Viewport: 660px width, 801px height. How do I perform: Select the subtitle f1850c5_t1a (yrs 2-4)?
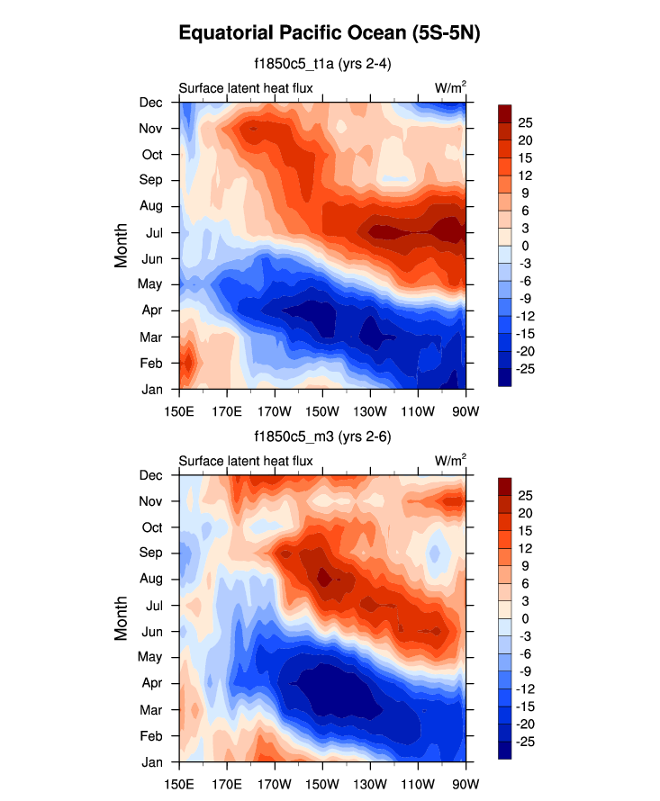click(322, 64)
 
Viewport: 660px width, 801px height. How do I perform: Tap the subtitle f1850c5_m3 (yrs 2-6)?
click(322, 437)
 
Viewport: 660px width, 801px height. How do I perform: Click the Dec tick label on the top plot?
click(150, 103)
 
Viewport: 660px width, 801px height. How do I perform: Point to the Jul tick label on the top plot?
click(152, 233)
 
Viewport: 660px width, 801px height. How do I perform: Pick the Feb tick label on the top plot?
click(150, 363)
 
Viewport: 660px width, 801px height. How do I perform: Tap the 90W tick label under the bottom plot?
click(466, 776)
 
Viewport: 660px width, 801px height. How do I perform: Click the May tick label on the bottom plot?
click(150, 657)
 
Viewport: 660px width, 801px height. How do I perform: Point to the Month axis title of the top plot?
click(122, 247)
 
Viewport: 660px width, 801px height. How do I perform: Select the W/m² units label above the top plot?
click(450, 88)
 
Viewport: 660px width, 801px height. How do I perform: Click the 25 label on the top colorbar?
click(527, 122)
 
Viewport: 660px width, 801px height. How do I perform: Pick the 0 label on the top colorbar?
click(527, 246)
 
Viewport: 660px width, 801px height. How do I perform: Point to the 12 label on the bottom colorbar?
click(527, 549)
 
